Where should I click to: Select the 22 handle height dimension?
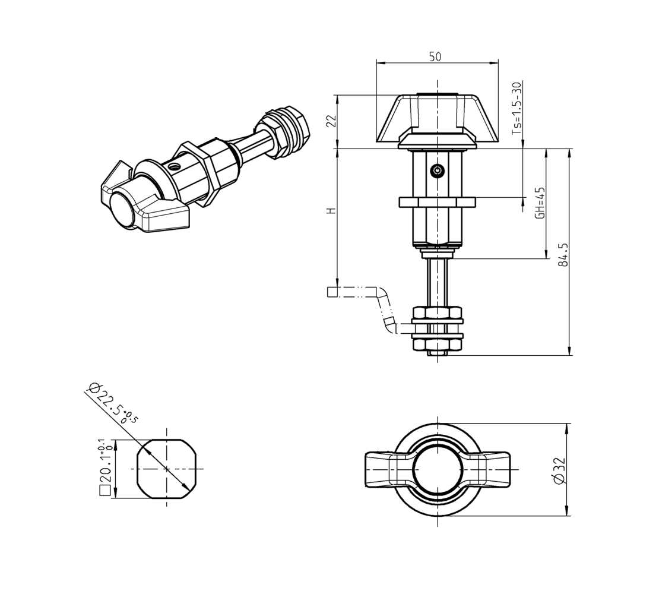(332, 121)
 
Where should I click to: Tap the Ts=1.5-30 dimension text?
(517, 106)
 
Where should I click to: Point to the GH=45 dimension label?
(540, 203)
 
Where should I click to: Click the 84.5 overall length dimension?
(563, 254)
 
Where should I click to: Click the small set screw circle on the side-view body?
(437, 170)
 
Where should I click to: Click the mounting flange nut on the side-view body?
(437, 203)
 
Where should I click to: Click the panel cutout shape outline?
(166, 469)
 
